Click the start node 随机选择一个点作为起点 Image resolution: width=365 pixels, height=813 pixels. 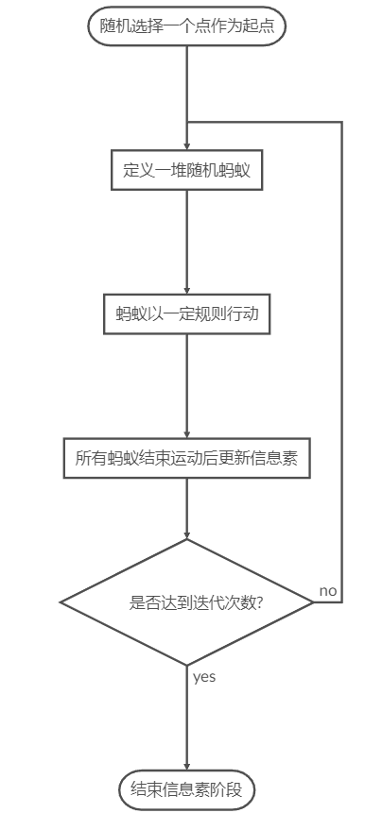187,25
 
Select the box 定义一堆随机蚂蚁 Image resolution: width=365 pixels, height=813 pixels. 186,172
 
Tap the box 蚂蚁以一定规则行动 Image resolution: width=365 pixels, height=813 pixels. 186,314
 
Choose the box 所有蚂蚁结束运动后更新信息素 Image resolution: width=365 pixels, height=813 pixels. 186,459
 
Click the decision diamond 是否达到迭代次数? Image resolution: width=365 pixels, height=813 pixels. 186,601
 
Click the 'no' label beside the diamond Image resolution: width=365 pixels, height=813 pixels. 328,590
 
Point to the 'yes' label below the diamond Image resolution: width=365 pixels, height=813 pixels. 204,676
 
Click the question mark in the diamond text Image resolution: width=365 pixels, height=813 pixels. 259,601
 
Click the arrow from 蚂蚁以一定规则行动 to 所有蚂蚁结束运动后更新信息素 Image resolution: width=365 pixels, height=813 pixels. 187,387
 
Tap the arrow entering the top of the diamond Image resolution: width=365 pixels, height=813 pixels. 187,510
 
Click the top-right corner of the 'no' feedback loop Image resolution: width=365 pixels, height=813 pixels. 340,123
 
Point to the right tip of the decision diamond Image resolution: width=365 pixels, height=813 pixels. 313,601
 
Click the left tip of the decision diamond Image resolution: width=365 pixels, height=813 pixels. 61,601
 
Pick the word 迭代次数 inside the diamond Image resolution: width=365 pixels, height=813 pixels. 225,601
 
